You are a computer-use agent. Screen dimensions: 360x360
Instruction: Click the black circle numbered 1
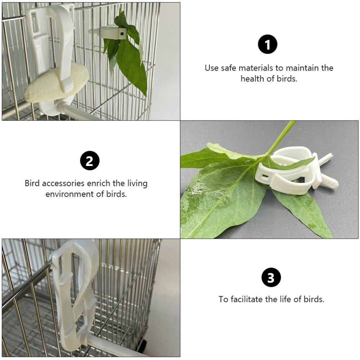[x=267, y=45]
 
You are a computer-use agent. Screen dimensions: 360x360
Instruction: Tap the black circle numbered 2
[x=89, y=161]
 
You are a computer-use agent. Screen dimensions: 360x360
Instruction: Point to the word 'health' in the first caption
[x=253, y=79]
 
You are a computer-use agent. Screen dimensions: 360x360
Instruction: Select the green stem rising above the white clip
[x=283, y=137]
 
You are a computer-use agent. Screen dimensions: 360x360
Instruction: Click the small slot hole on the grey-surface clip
[x=265, y=175]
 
